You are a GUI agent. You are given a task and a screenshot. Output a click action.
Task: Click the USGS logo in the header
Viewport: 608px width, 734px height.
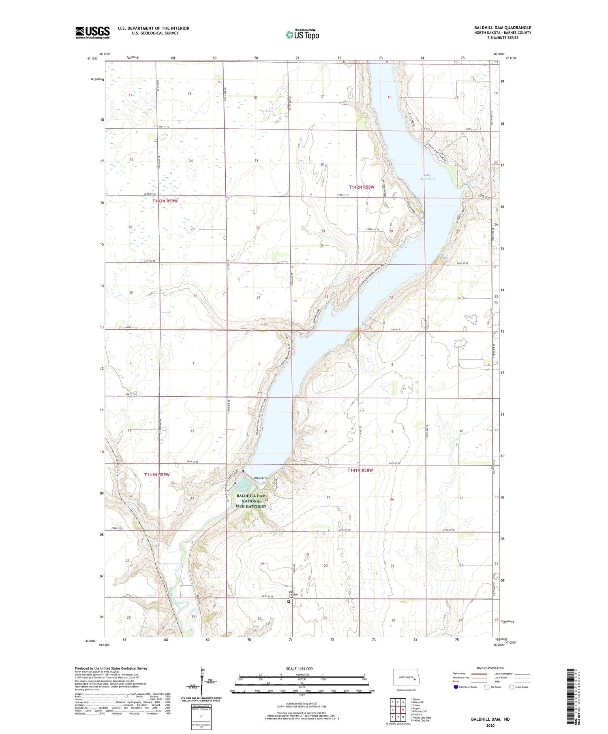92,32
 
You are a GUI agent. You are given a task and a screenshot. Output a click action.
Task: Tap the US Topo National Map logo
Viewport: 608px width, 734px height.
302,35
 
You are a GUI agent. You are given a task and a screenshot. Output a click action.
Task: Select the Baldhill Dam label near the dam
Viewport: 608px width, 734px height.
261,479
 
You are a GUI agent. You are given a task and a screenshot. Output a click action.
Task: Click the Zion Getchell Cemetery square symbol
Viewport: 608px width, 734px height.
289,602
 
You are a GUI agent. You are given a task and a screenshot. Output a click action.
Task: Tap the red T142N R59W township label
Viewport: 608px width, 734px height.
165,201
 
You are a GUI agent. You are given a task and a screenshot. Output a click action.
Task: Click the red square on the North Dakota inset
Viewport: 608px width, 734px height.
415,680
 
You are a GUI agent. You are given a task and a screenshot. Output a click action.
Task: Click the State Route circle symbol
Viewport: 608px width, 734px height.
512,687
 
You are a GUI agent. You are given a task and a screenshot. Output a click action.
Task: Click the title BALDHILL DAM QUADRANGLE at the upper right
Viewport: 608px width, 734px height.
503,28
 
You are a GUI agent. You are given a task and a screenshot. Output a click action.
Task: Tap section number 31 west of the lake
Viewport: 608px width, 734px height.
258,298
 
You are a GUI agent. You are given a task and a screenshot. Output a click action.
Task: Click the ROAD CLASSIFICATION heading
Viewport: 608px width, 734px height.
490,668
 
